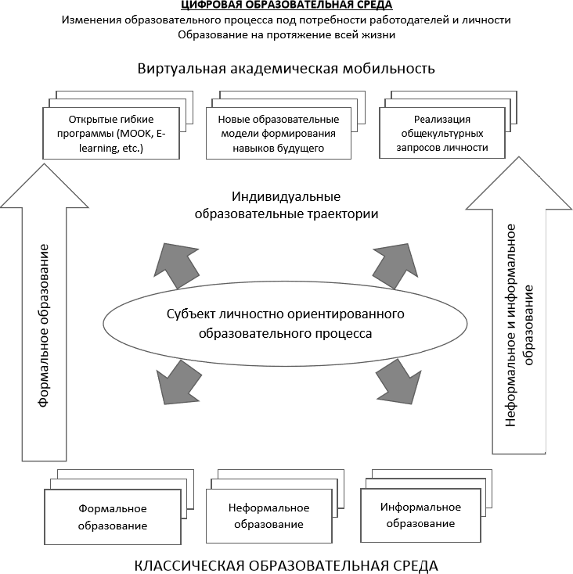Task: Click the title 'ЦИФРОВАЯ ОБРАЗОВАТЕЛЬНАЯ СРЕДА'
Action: coord(286,6)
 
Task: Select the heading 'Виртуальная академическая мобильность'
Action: coord(286,68)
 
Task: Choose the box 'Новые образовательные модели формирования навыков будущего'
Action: coord(277,133)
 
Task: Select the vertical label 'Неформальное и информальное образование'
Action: coord(520,325)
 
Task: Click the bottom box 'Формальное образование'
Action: coord(113,517)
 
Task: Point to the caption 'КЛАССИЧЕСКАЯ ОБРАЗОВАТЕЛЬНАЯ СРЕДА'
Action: coord(286,564)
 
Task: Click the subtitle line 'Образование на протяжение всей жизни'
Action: coord(286,34)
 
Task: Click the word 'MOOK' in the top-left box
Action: coord(137,134)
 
